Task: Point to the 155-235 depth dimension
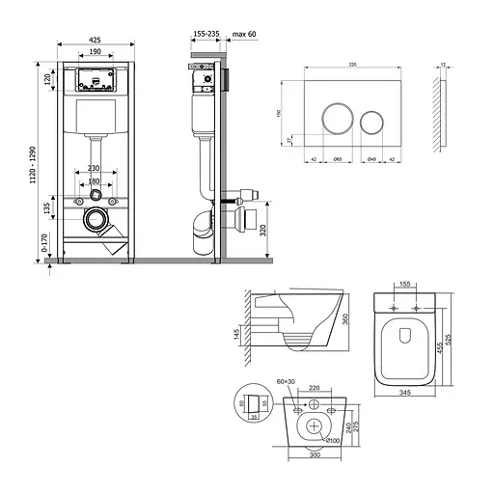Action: pos(205,33)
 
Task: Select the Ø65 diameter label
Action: pos(338,158)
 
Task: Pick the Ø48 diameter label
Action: pos(370,158)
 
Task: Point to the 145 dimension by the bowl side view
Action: pos(236,337)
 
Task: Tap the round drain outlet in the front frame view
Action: pos(95,219)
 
